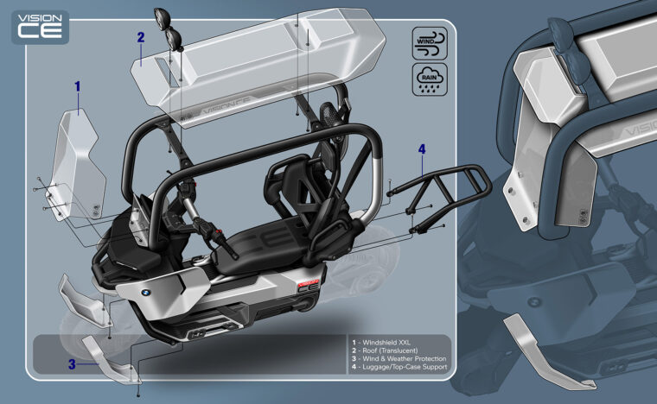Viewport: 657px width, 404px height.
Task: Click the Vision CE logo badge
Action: coord(39,27)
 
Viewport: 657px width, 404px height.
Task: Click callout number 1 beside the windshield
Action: coord(77,86)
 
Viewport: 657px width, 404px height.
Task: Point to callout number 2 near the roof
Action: coord(140,37)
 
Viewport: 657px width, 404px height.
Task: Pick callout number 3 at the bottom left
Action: coord(72,364)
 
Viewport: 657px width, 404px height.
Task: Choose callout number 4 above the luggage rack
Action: coord(422,149)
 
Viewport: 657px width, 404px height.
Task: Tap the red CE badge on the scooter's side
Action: coord(308,287)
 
